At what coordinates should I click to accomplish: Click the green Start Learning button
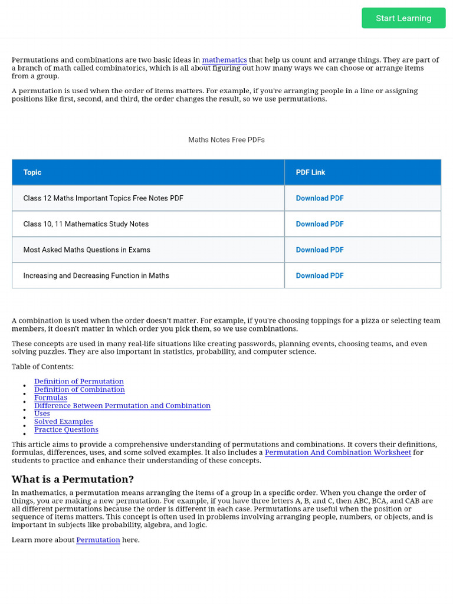coord(403,18)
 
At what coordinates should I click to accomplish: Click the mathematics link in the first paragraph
coord(224,60)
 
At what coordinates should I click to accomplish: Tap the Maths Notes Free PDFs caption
coord(226,140)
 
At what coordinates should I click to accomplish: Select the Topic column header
coord(32,172)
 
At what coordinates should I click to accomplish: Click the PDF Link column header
coord(310,172)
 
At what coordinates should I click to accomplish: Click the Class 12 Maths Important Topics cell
coord(103,198)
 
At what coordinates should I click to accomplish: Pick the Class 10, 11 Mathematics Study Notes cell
coord(86,224)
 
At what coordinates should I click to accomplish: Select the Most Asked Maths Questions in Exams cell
coord(87,250)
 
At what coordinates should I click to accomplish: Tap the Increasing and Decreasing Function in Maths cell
coord(96,275)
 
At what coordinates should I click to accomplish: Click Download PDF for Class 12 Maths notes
coord(320,198)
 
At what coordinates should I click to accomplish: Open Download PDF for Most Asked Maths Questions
coord(320,250)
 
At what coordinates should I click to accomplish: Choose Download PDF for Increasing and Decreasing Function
coord(320,275)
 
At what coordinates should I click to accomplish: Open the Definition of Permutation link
coord(79,382)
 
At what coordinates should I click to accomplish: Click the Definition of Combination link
coord(80,390)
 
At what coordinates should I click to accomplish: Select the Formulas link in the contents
coord(51,398)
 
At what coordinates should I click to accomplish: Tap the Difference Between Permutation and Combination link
coord(122,406)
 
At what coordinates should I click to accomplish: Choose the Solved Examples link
coord(64,422)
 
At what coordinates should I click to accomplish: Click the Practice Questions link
coord(66,430)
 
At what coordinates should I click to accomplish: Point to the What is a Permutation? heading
coord(73,479)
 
